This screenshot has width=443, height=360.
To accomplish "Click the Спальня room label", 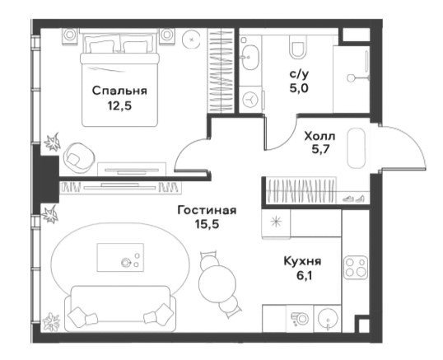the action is (x=119, y=91).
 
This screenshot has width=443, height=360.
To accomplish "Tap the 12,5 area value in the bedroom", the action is (x=119, y=106).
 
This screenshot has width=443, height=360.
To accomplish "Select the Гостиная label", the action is (x=207, y=211).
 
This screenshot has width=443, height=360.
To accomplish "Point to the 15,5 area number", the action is (x=207, y=224).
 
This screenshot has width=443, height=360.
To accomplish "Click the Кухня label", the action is (x=302, y=261).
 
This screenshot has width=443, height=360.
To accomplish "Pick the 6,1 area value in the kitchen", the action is (x=304, y=275).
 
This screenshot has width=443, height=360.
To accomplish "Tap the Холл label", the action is (x=319, y=137).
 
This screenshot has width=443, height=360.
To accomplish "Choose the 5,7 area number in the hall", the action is (x=320, y=149).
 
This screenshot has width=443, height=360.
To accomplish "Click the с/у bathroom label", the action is (x=300, y=75).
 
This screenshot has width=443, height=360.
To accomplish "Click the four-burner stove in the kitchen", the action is (x=356, y=268).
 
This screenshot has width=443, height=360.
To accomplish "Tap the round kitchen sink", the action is (x=328, y=319).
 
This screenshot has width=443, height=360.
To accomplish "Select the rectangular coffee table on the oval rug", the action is (x=120, y=258).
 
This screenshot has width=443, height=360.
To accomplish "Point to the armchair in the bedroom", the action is (x=78, y=157).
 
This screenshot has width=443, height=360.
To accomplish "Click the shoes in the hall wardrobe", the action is (x=353, y=199).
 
